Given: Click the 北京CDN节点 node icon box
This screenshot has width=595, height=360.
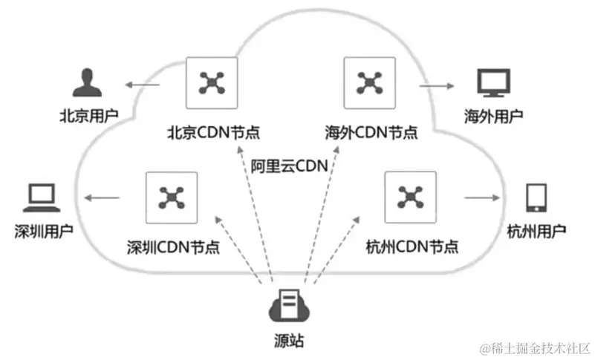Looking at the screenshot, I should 212,82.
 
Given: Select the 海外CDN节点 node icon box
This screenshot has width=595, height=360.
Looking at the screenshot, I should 369,82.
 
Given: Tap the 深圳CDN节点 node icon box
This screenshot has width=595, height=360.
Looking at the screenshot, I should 172,197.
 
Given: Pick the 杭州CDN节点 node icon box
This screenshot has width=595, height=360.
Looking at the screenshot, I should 409,197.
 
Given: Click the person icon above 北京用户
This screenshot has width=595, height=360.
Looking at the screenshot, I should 85,82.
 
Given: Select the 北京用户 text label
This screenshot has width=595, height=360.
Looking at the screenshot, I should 87,117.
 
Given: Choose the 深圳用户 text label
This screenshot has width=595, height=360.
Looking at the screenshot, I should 43,231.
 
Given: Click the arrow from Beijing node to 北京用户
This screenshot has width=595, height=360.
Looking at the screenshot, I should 143,86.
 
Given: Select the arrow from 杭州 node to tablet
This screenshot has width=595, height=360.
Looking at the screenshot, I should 481,198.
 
